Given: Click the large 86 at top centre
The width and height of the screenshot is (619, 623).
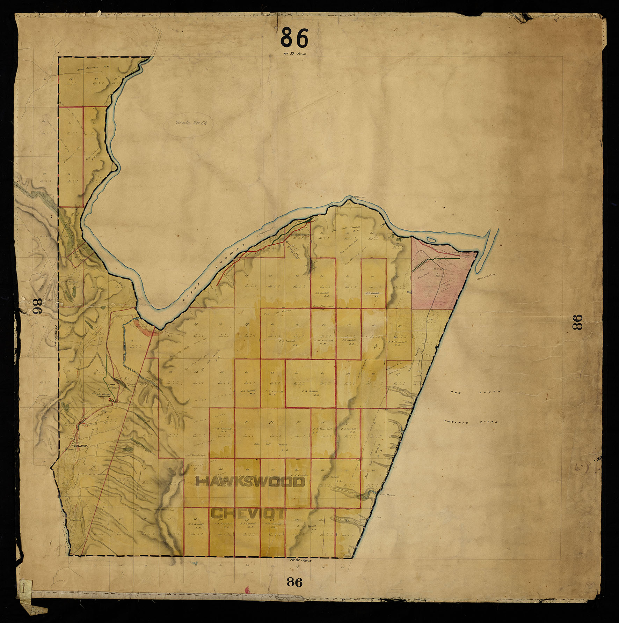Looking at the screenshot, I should coord(294,38).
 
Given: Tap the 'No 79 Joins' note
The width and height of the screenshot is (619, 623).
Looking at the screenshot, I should coord(294,54).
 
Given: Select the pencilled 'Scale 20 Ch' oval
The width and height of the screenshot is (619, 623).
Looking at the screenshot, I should coord(189,123).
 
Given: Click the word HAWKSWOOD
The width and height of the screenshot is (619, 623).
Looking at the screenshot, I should coord(251,482).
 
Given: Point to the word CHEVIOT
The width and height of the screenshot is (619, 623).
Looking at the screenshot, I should coord(248,513).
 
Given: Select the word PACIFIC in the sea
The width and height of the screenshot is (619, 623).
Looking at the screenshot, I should coord(456,422).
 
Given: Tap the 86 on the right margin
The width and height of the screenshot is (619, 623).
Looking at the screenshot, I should coord(577,322).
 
